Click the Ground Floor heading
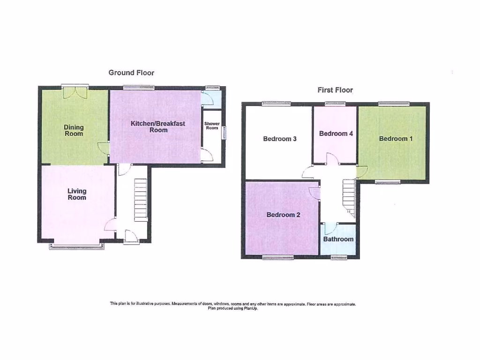click(x=131, y=73)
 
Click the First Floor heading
click(x=335, y=90)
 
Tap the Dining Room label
click(x=74, y=130)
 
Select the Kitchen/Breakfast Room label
click(x=158, y=127)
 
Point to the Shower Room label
click(x=212, y=126)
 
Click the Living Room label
click(x=77, y=194)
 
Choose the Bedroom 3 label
click(x=280, y=139)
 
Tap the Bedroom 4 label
click(x=336, y=134)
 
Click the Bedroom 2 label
click(x=283, y=215)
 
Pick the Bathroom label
click(x=338, y=239)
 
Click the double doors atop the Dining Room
click(x=75, y=91)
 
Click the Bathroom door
click(x=330, y=228)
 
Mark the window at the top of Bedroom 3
click(x=276, y=104)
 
